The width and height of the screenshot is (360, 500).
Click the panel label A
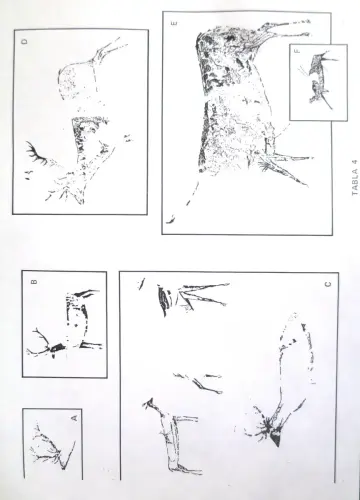[75, 417]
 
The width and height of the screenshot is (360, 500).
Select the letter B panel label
[34, 281]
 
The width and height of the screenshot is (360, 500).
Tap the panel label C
[328, 284]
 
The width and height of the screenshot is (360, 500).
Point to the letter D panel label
[24, 42]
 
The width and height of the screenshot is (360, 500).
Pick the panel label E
[174, 23]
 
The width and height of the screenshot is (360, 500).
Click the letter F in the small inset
[297, 51]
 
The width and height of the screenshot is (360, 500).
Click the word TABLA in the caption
[355, 184]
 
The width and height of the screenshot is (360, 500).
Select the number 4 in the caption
[355, 162]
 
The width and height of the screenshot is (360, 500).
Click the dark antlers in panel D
[36, 153]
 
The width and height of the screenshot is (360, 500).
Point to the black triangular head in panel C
[275, 439]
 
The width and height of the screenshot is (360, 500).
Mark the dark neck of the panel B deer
[58, 347]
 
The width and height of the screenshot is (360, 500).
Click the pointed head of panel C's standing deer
[149, 404]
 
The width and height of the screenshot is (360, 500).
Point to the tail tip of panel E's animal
[170, 219]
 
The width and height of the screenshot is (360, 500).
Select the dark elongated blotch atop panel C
[163, 301]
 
